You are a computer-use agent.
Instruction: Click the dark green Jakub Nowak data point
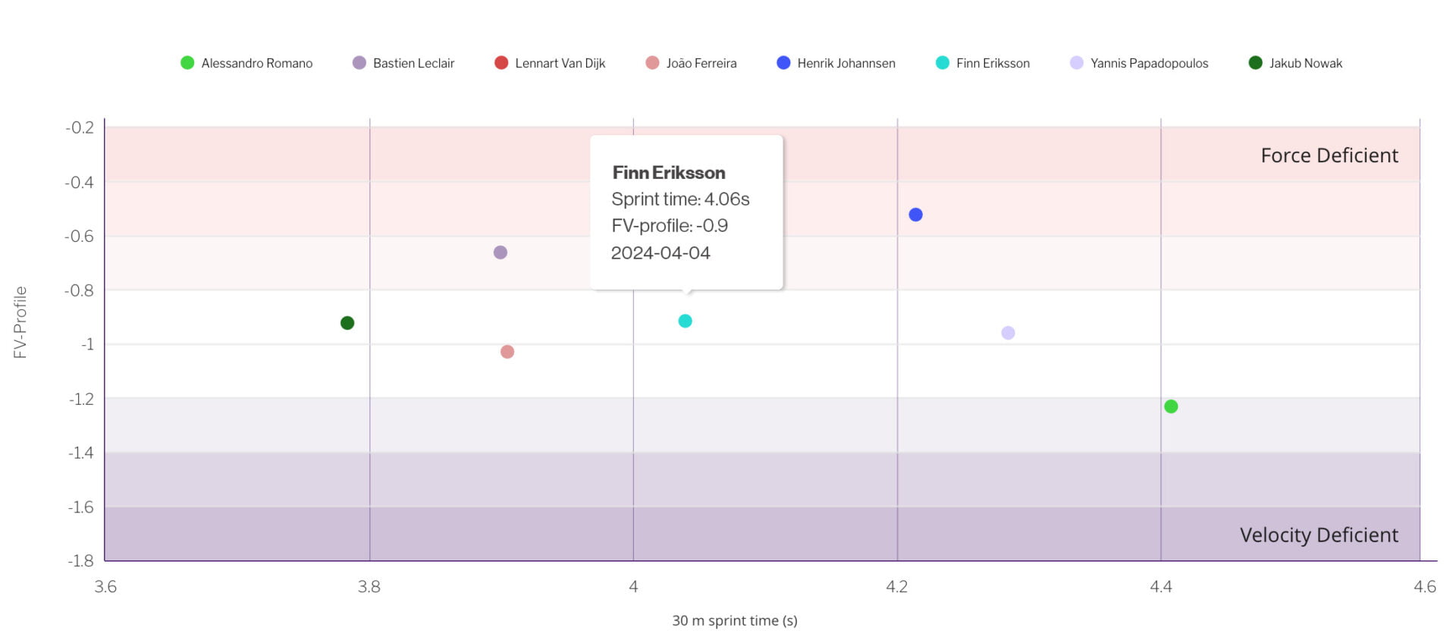point(347,323)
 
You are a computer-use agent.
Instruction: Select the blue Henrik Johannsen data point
point(915,215)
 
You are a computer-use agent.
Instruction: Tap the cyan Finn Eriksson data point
point(685,321)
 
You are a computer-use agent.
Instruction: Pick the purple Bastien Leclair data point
point(500,253)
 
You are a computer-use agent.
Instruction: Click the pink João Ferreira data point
point(507,352)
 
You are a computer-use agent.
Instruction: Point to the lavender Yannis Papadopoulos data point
point(1008,333)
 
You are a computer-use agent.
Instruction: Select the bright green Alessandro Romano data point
point(1171,406)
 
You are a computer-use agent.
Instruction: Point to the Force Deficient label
point(1329,155)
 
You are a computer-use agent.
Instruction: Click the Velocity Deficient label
point(1318,535)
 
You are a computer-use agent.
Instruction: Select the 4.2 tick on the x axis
point(896,586)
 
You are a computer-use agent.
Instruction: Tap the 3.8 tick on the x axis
point(369,586)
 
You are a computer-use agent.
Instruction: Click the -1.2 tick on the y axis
point(81,399)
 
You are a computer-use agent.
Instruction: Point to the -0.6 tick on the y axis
point(80,236)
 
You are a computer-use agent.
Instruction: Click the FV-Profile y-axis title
point(20,322)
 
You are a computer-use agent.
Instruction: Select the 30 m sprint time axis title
point(734,620)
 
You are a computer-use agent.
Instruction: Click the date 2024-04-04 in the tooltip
point(661,253)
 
